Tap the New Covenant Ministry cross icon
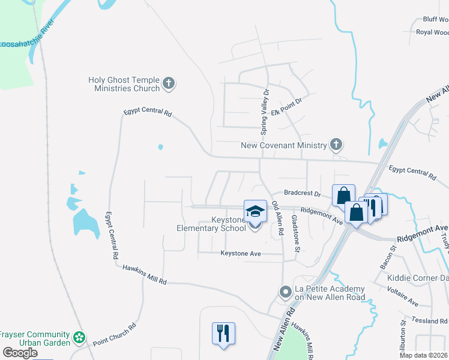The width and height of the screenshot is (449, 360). coord(336,144)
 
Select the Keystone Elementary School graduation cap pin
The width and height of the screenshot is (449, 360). coord(255,212)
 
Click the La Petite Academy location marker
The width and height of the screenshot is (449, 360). coord(286,292)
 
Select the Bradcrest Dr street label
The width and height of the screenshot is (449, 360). coord(303,194)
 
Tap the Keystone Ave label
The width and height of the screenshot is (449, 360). coord(241,254)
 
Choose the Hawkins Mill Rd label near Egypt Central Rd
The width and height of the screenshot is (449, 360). coord(144,275)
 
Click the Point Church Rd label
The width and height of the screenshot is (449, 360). coord(115,334)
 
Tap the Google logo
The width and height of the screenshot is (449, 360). coord(20,352)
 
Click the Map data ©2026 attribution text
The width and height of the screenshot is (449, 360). coord(423,355)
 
